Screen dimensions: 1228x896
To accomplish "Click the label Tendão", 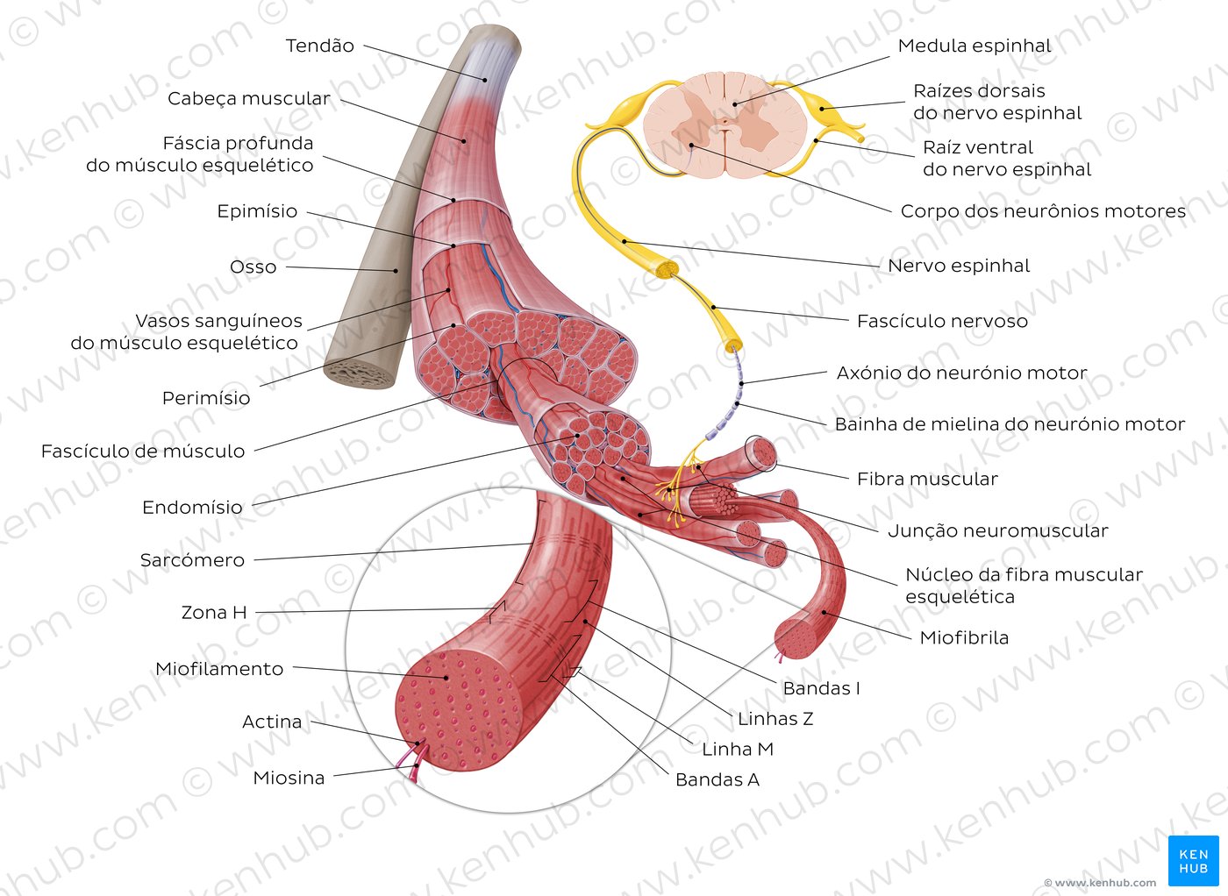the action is pos(319,46).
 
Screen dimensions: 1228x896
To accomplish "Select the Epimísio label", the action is pos(257,211).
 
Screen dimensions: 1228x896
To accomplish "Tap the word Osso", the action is pos(253,267).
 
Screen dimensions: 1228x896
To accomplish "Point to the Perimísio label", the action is pos(206,398).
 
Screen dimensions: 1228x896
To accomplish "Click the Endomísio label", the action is pos(192,508).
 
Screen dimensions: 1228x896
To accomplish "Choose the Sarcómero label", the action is pos(192,560).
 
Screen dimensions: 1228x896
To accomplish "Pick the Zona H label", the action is pos(214,612).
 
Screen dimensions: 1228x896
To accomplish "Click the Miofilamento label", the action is pos(219,669).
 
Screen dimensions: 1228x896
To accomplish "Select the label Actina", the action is pos(272,722).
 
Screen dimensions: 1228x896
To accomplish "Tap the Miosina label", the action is pos(289,778).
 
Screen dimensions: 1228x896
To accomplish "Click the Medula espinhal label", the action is pos(975,46).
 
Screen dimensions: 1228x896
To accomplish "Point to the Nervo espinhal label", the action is pos(958,266).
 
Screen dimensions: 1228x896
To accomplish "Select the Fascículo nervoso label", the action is pos(942,321).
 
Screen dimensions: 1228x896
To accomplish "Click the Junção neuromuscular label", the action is pos(998,530).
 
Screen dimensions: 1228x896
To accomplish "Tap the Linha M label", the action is pos(738,749).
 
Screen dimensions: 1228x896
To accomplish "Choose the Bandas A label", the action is pos(718,779).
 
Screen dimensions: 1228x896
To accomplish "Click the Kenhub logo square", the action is pos(1194,861).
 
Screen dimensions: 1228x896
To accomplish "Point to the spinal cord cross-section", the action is pos(725,124).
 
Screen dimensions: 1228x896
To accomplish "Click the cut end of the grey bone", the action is pos(361,373).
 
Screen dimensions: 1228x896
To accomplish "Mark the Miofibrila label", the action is pos(964,638).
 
